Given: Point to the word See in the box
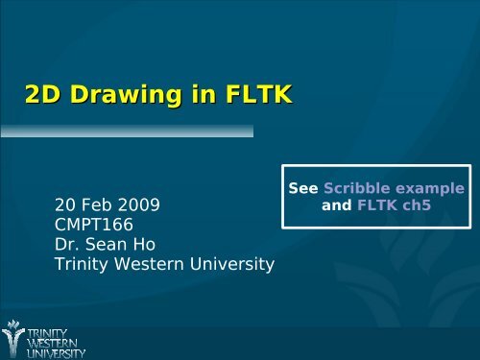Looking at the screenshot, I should click(x=304, y=189).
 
